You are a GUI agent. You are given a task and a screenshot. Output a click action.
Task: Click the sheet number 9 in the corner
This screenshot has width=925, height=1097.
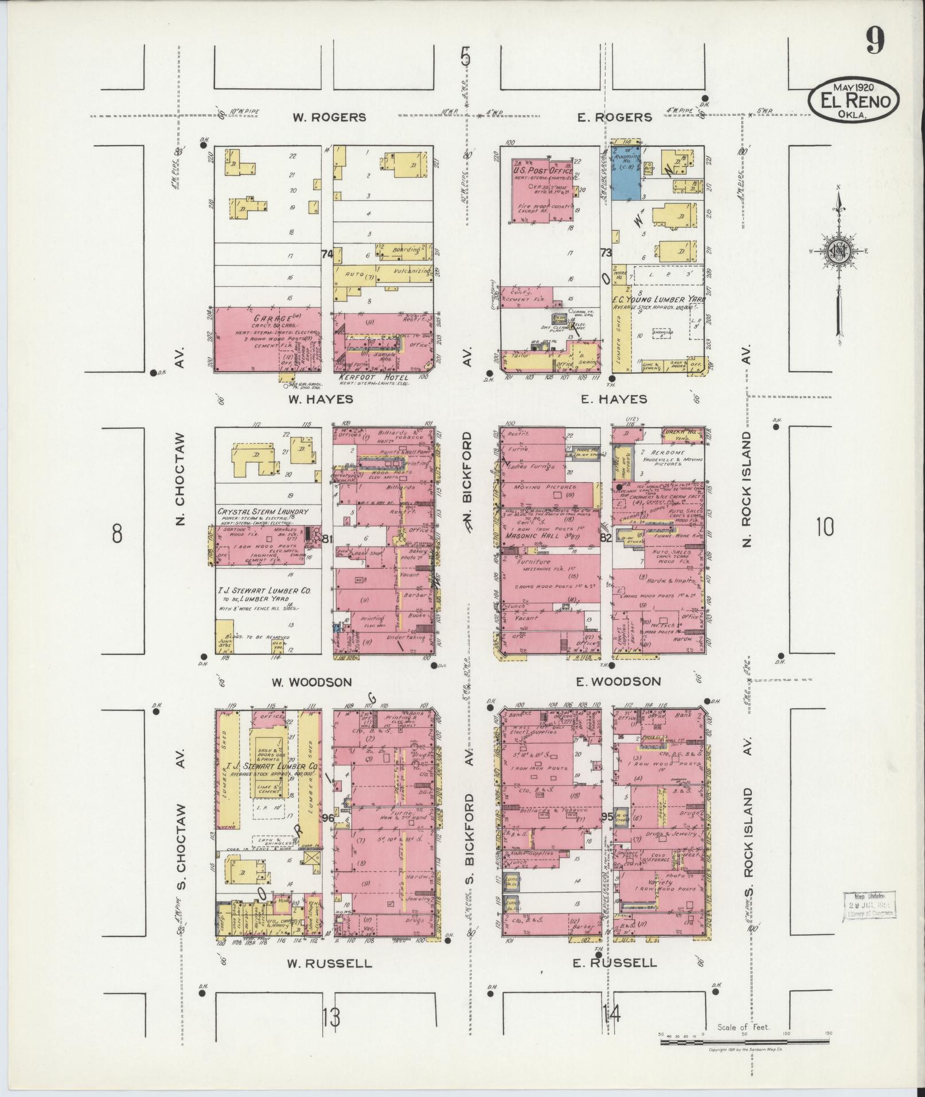tap(875, 41)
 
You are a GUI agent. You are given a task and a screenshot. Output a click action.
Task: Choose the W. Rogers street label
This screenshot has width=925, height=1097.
tap(329, 117)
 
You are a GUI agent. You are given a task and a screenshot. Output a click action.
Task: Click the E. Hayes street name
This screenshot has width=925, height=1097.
tap(614, 399)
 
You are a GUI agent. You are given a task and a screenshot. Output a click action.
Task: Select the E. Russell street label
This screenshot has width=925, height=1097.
tap(615, 963)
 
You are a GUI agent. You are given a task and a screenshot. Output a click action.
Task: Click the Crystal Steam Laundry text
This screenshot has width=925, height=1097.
tap(263, 512)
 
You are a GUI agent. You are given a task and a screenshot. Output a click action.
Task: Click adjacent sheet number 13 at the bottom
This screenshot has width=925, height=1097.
tap(331, 1018)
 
